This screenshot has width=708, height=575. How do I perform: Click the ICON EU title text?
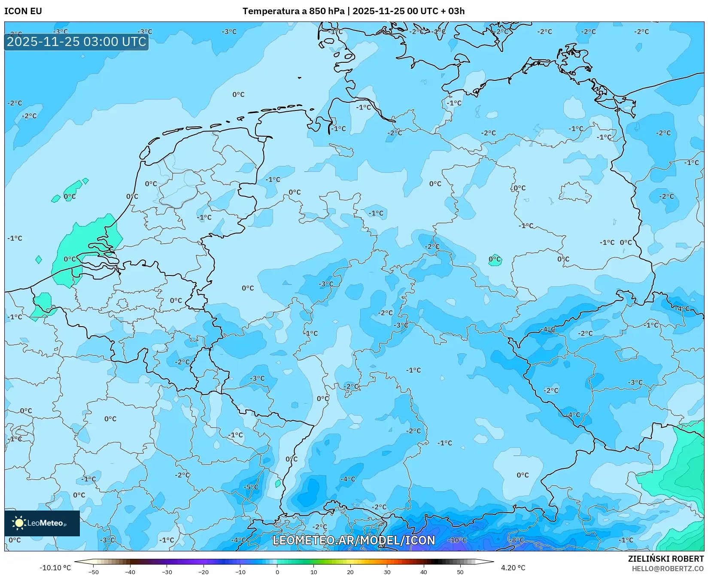click(23, 11)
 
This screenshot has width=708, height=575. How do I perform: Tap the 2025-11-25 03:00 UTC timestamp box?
click(76, 42)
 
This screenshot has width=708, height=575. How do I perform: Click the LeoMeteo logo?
click(42, 523)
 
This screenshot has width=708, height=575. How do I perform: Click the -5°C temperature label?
click(251, 487)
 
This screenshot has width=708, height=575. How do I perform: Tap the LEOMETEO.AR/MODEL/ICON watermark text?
click(354, 540)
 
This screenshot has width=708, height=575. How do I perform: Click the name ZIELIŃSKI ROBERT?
click(666, 559)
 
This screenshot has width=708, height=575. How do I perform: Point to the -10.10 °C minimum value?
click(55, 568)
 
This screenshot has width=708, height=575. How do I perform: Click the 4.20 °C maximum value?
click(513, 568)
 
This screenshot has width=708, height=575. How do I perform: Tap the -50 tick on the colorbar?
click(94, 572)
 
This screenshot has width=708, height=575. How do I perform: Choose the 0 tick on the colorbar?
click(277, 572)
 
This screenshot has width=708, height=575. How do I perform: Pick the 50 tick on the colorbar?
click(460, 572)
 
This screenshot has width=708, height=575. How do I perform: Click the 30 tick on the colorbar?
click(387, 572)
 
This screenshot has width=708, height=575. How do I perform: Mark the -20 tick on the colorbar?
click(204, 572)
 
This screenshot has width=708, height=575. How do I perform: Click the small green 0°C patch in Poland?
click(495, 260)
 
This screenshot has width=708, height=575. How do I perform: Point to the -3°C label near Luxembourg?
click(258, 378)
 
